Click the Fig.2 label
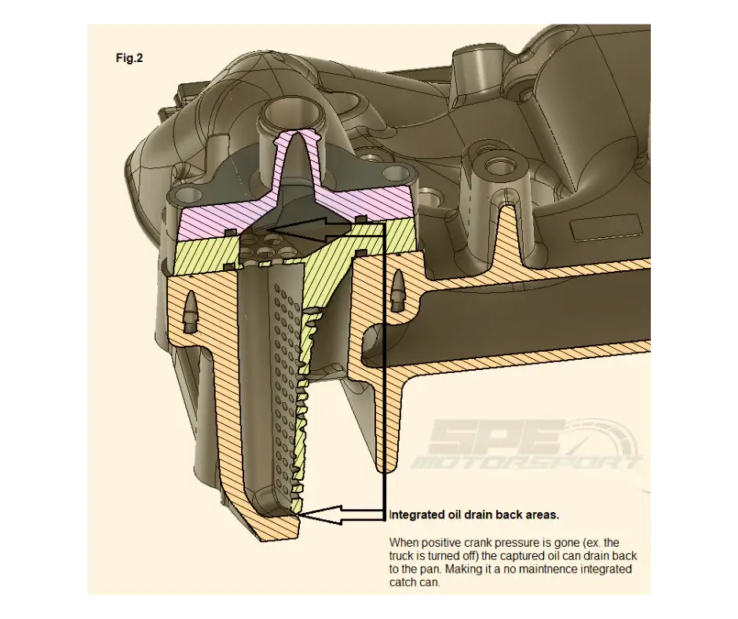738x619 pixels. click(129, 58)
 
